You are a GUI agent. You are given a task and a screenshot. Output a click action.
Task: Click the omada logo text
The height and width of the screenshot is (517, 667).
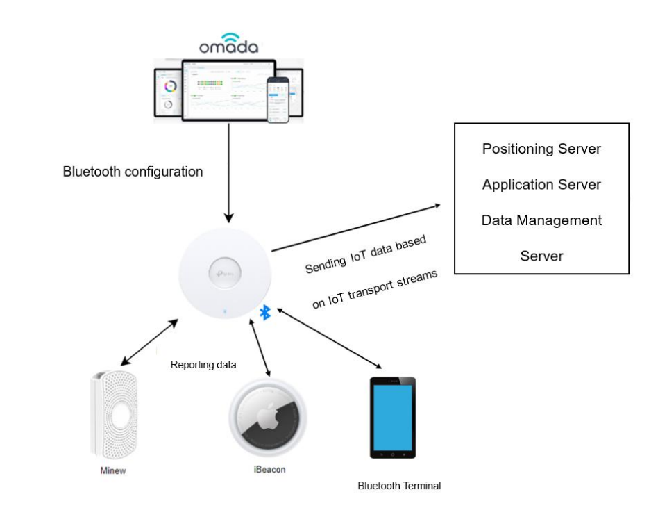pyautogui.click(x=228, y=47)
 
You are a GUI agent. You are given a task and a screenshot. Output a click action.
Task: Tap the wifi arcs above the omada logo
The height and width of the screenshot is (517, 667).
pyautogui.click(x=229, y=35)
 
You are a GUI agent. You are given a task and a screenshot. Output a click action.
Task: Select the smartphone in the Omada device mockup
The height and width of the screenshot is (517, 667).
pyautogui.click(x=278, y=99)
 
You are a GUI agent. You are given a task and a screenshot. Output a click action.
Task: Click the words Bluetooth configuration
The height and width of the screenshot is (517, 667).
pyautogui.click(x=133, y=172)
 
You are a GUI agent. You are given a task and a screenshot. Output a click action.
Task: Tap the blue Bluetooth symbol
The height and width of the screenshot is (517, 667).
pyautogui.click(x=264, y=313)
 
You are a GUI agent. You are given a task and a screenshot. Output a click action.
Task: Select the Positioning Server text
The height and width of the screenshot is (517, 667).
pyautogui.click(x=541, y=149)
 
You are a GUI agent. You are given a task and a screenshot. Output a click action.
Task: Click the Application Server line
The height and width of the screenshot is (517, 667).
pyautogui.click(x=541, y=185)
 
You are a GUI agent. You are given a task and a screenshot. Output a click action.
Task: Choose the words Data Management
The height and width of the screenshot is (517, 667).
pyautogui.click(x=541, y=220)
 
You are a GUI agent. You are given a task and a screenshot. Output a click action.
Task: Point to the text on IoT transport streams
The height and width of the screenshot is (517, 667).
pyautogui.click(x=375, y=288)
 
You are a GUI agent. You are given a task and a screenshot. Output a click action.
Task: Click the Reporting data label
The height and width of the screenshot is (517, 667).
pyautogui.click(x=203, y=365)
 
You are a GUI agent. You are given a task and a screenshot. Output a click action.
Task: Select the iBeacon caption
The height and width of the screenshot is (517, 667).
pyautogui.click(x=269, y=469)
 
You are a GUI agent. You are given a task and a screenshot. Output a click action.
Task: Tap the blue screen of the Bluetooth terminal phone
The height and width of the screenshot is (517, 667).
pyautogui.click(x=392, y=417)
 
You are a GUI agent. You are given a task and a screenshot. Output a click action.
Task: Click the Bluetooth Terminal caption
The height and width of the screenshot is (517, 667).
pyautogui.click(x=399, y=486)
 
